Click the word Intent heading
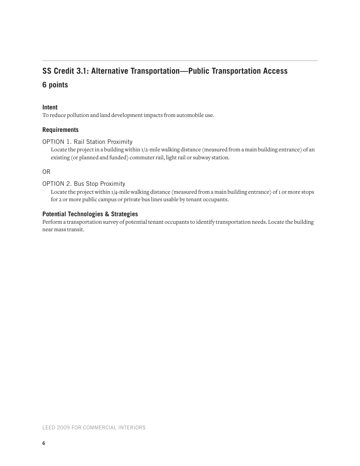click(50, 107)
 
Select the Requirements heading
click(60, 130)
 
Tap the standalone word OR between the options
click(46, 172)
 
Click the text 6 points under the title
click(55, 85)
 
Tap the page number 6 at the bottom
click(44, 443)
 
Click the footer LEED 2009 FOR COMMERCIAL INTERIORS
click(94, 428)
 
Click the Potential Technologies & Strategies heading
click(90, 214)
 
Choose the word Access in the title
click(274, 71)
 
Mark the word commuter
click(142, 158)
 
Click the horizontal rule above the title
click(180, 60)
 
